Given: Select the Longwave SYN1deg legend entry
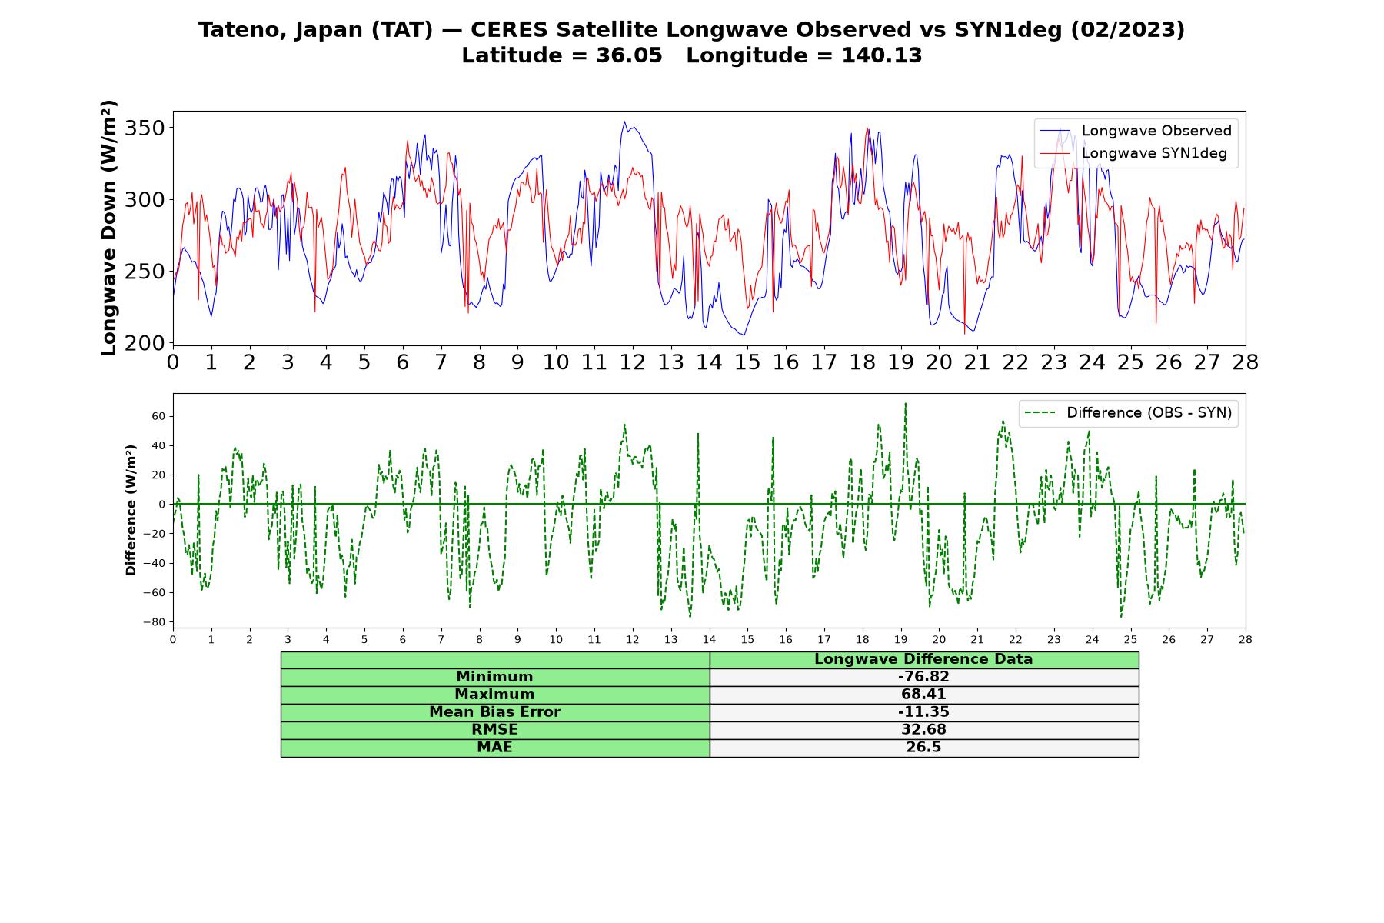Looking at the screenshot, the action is pos(1133,153).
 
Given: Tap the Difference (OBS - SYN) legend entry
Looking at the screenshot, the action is pos(1128,413).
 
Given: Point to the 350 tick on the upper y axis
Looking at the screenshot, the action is pos(147,128).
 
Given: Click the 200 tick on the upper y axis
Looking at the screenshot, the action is pos(147,343).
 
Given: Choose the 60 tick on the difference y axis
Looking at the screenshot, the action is pos(158,416).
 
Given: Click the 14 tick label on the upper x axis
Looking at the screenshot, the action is pos(709,362).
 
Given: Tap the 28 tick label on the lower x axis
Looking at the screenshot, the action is pos(1246,639).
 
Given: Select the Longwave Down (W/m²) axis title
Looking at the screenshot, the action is pos(109,228).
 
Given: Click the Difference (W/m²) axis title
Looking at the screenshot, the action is pos(131,510).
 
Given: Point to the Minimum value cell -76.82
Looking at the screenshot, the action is pos(923,677).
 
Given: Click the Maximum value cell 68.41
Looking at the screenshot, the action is pos(923,695).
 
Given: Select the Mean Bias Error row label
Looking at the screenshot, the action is pos(494,712).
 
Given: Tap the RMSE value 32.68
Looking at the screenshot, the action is pos(923,730).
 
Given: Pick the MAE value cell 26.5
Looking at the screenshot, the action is pos(923,748).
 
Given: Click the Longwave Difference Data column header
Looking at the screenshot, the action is pos(923,659).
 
